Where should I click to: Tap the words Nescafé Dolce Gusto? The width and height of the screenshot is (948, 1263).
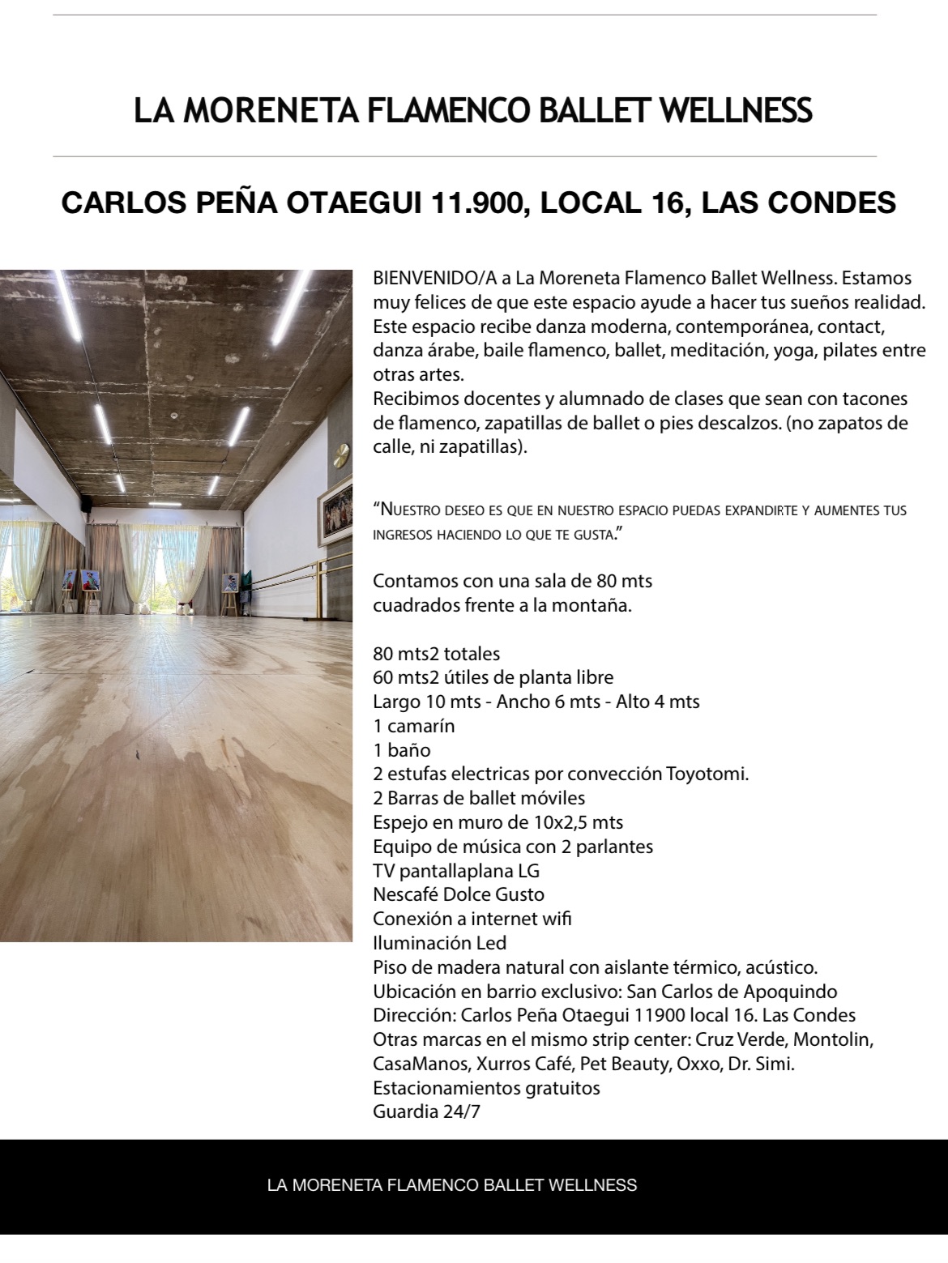pyautogui.click(x=459, y=894)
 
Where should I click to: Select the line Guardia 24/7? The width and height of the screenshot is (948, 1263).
pyautogui.click(x=426, y=1112)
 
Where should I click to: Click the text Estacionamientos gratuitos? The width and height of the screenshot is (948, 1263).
pyautogui.click(x=486, y=1087)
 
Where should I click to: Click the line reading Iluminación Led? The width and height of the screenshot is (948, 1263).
pyautogui.click(x=440, y=943)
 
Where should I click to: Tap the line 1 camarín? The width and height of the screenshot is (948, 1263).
pyautogui.click(x=414, y=725)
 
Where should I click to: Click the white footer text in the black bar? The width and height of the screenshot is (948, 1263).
pyautogui.click(x=452, y=1185)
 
